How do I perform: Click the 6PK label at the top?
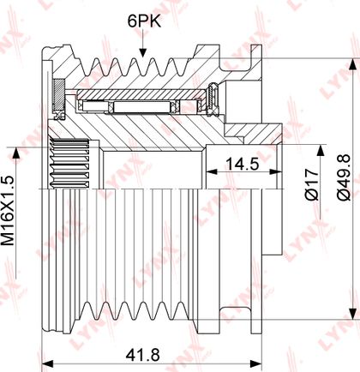point(144,21)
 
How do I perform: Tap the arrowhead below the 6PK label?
point(143,52)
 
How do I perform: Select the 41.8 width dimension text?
point(143,355)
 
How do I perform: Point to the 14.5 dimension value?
point(243,165)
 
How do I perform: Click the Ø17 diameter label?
point(312,184)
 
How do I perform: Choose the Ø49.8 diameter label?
point(343,177)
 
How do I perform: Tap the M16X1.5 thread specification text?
point(8,211)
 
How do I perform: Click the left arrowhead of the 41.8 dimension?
point(47,364)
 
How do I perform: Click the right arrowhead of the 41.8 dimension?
point(255,364)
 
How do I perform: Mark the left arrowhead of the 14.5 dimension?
point(212,171)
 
